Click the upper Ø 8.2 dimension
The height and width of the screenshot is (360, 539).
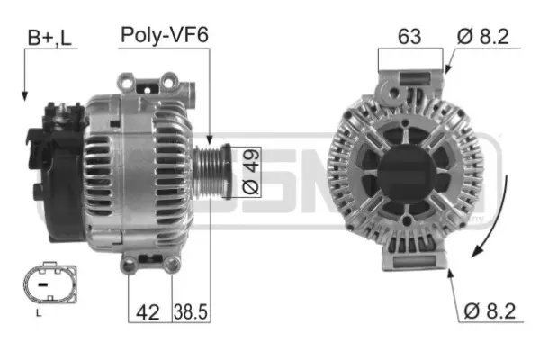[487, 37]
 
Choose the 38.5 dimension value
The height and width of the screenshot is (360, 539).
[190, 313]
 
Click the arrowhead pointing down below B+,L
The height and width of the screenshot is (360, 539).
[24, 94]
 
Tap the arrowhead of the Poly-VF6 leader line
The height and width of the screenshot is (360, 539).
[209, 141]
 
